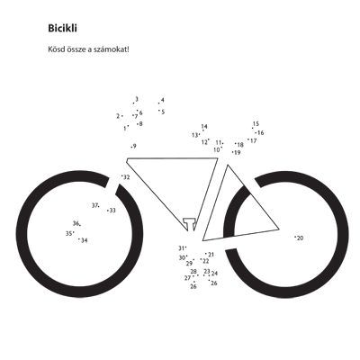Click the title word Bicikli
point(62,28)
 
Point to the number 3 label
point(137,99)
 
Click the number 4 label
point(163,100)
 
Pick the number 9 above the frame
point(135,146)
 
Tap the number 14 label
point(204,126)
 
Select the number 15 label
point(256,123)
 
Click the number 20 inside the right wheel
point(300,238)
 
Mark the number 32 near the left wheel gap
point(127,177)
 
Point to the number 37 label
point(94,205)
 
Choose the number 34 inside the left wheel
point(85,240)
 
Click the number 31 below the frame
point(181,248)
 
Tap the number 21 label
point(211,255)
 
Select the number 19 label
point(238,152)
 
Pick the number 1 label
point(124,129)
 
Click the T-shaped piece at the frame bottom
point(189,224)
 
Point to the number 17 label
point(254,140)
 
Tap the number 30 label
point(182,257)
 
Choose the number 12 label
point(204,142)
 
